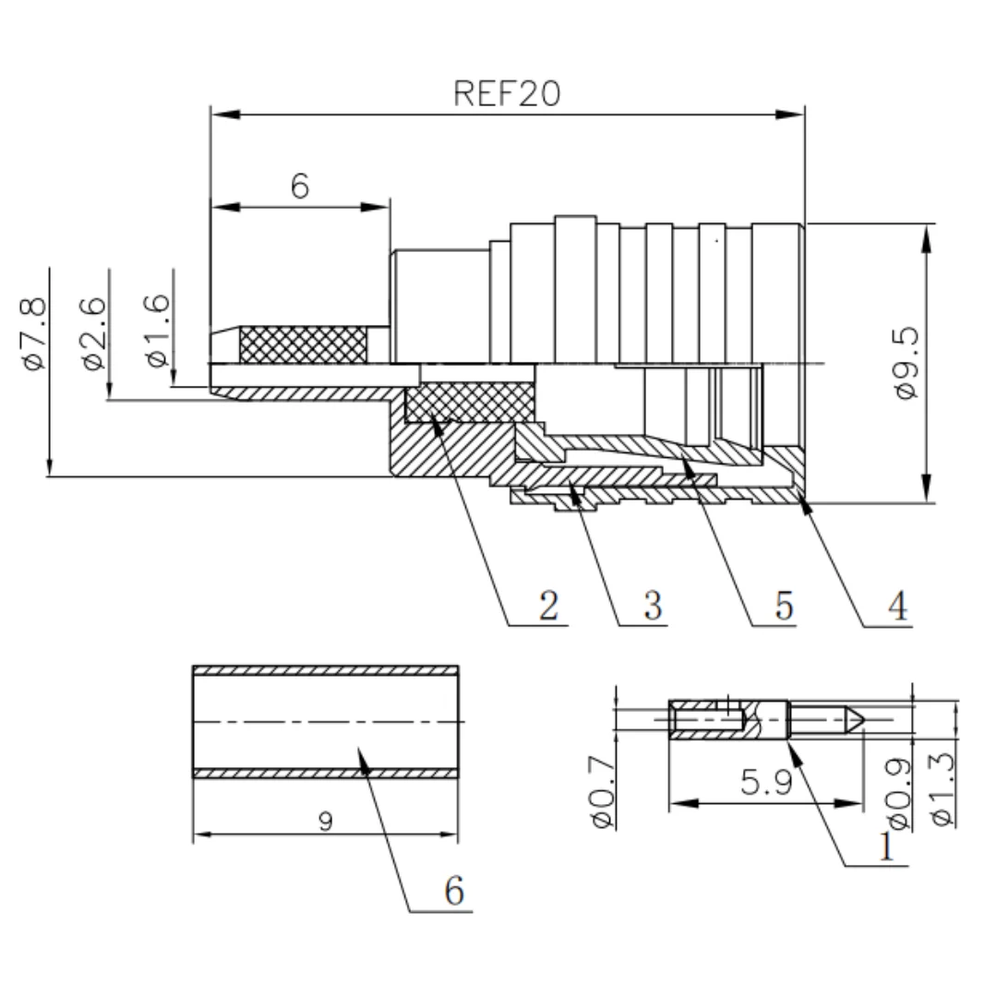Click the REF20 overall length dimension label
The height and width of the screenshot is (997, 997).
pyautogui.click(x=507, y=93)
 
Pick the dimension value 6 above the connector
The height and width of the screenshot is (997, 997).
pyautogui.click(x=299, y=186)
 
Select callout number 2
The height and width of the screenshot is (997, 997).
pyautogui.click(x=548, y=605)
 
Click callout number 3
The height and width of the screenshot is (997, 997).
pyautogui.click(x=653, y=605)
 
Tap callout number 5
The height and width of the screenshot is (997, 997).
pyautogui.click(x=784, y=605)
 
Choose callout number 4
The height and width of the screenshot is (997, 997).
pyautogui.click(x=898, y=606)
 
